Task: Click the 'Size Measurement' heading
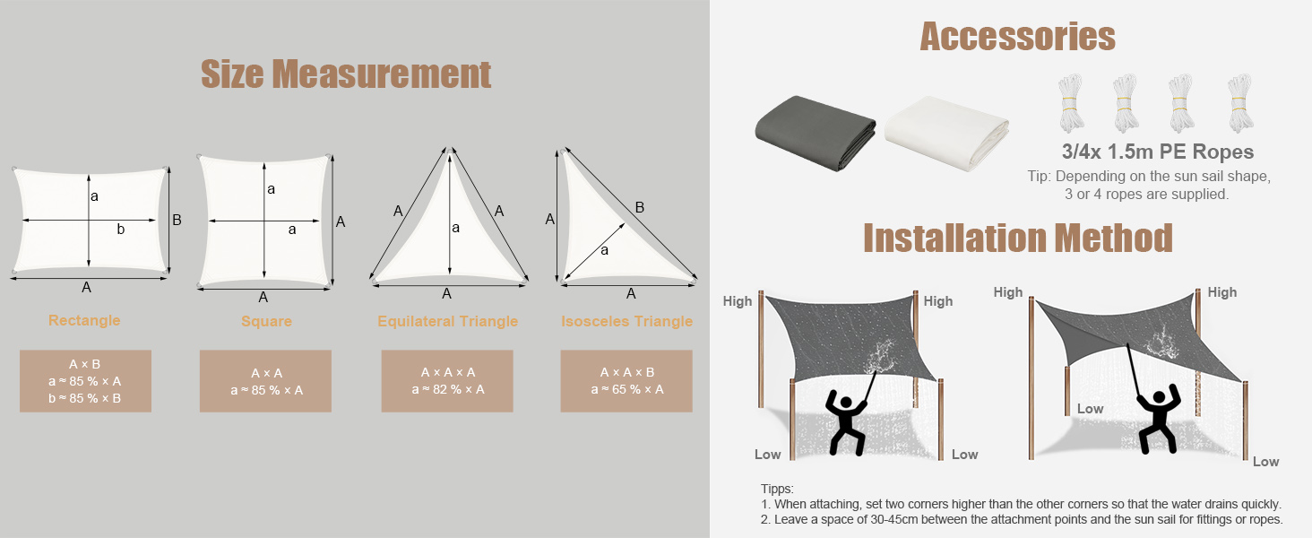pyautogui.click(x=346, y=74)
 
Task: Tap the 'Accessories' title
pyautogui.click(x=1017, y=37)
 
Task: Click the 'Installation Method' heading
pyautogui.click(x=1018, y=238)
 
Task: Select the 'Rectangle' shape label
pyautogui.click(x=84, y=320)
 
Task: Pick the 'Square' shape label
pyautogui.click(x=266, y=321)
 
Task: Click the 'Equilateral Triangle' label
pyautogui.click(x=447, y=321)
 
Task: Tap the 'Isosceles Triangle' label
pyautogui.click(x=626, y=321)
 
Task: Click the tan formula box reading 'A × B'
pyautogui.click(x=85, y=381)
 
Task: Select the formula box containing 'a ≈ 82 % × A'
pyautogui.click(x=447, y=381)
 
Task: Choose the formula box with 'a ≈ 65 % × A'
pyautogui.click(x=626, y=381)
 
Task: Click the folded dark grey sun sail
pyautogui.click(x=815, y=133)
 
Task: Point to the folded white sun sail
pyautogui.click(x=946, y=134)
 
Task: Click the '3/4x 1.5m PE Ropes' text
pyautogui.click(x=1158, y=152)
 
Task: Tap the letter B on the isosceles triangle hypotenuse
pyautogui.click(x=640, y=207)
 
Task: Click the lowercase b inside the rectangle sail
pyautogui.click(x=121, y=230)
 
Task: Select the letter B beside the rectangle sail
pyautogui.click(x=177, y=220)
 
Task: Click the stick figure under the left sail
pyautogui.click(x=846, y=423)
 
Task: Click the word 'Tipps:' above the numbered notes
pyautogui.click(x=777, y=489)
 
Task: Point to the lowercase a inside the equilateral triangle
pyautogui.click(x=455, y=228)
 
